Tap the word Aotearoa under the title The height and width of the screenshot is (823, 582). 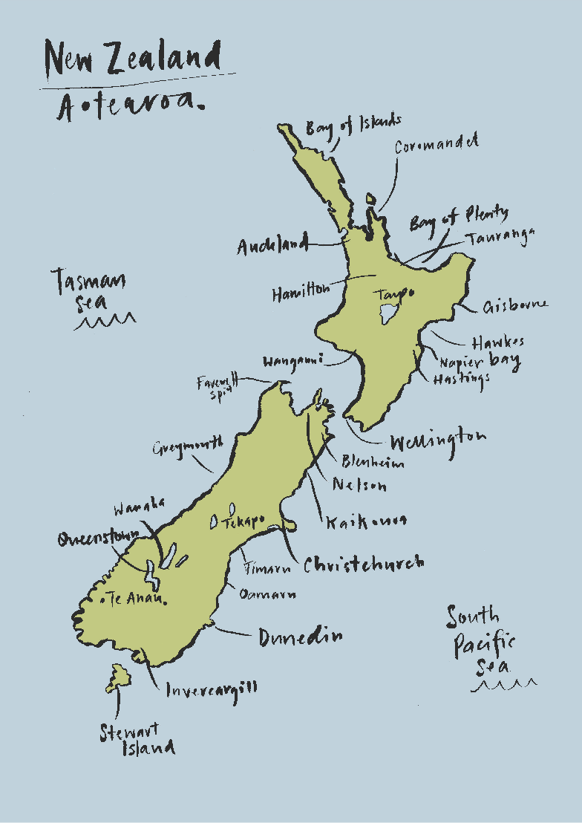pos(130,108)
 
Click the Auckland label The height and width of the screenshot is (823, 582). pos(272,246)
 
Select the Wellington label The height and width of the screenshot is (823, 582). pos(438,440)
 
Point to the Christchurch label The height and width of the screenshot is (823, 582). pos(364,564)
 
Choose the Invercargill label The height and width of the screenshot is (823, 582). pos(212,689)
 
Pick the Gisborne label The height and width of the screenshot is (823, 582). pos(515,305)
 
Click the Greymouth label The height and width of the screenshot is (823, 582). pos(188,447)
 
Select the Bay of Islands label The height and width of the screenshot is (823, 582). pos(353,126)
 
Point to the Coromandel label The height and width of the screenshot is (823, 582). pos(436,144)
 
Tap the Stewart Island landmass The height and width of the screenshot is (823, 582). pos(119,678)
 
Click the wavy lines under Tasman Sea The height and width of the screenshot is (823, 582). pos(105,322)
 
